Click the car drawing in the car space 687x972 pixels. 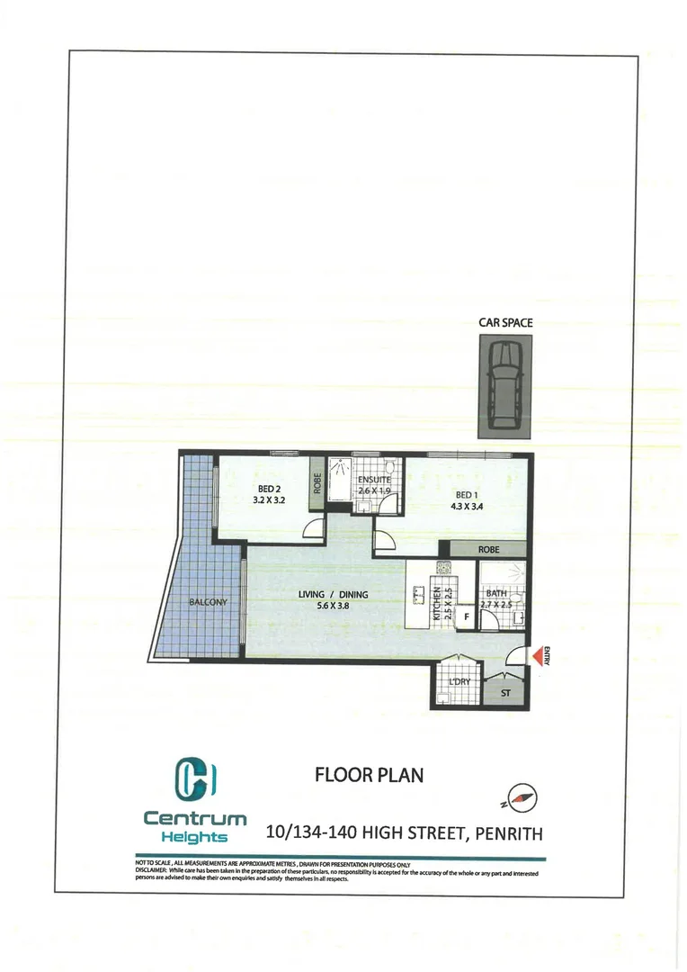[504, 386]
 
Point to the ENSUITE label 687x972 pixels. [374, 481]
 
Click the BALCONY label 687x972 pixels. [208, 602]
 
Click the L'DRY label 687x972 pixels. [459, 682]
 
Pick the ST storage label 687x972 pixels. [505, 693]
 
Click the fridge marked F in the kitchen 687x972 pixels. [467, 616]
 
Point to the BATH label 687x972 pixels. [496, 594]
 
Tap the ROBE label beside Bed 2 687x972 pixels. [317, 485]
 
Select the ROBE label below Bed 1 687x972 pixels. [488, 548]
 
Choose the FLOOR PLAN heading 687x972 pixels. [369, 775]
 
